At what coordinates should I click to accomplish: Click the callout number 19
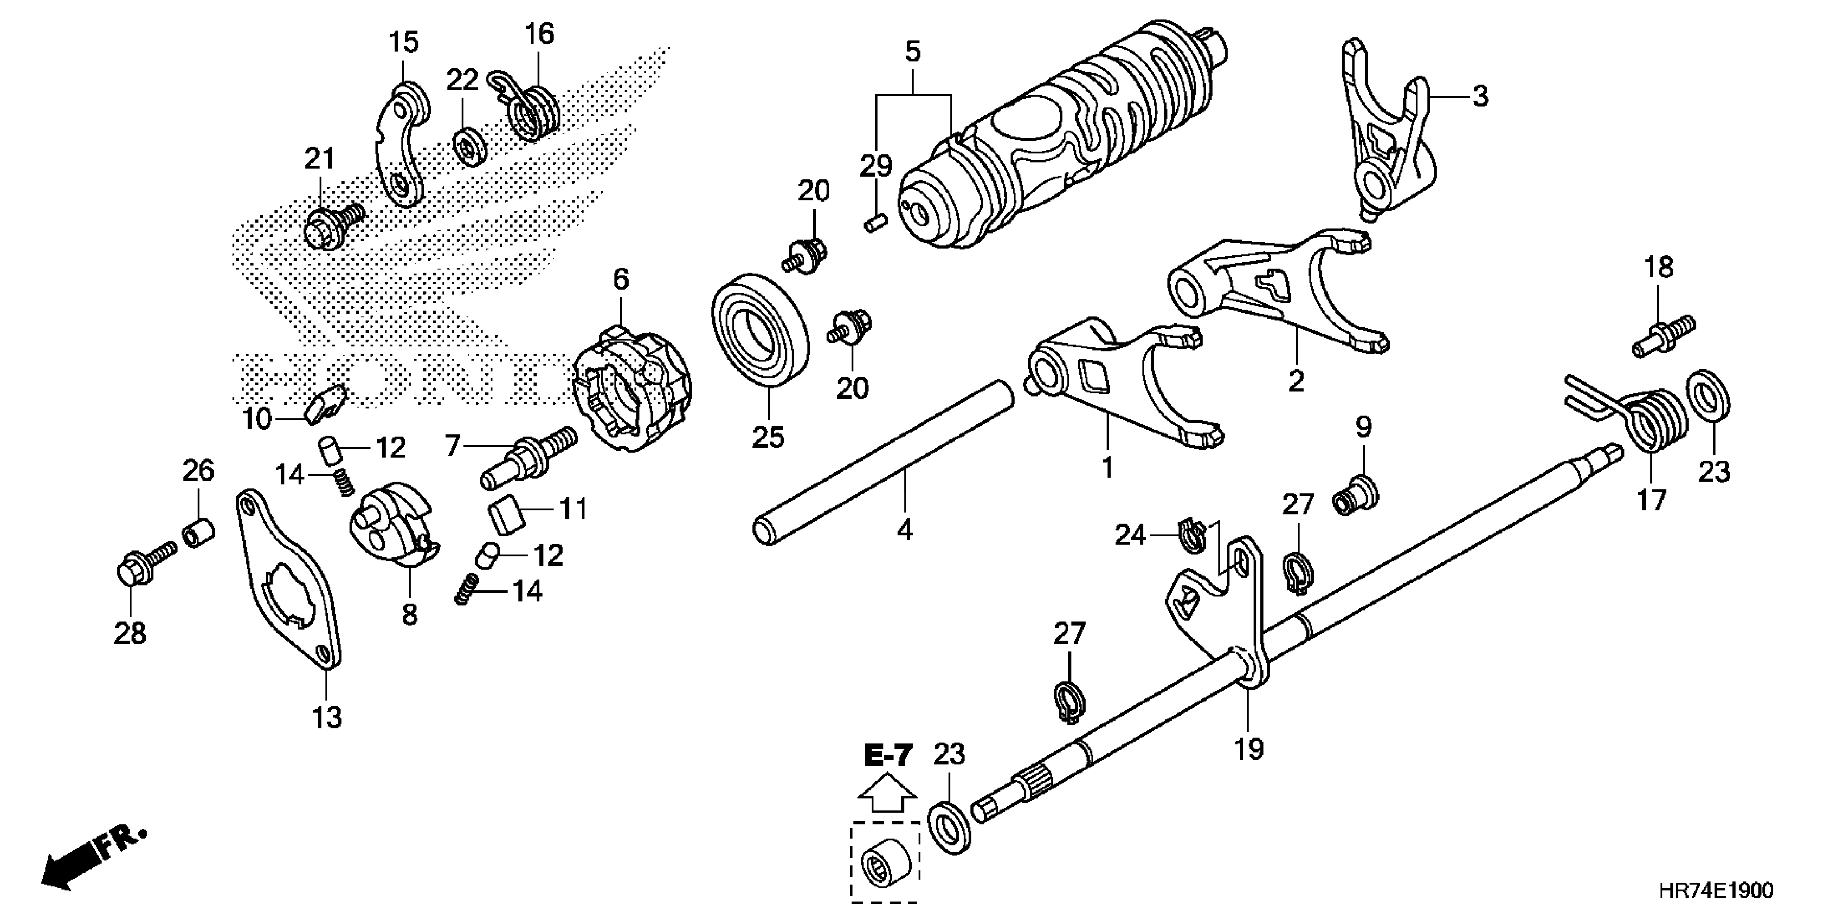(x=1248, y=749)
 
